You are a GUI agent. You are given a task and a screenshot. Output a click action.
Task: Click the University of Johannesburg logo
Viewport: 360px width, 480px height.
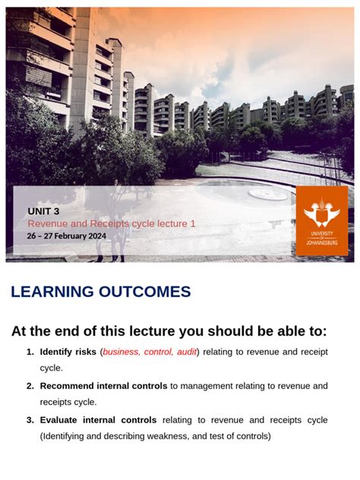click(322, 221)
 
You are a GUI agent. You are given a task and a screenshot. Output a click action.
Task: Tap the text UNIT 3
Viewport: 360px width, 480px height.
click(43, 211)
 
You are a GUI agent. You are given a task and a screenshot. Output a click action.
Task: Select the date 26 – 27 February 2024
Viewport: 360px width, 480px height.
click(66, 235)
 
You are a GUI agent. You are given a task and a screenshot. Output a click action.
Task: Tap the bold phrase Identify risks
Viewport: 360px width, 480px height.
click(68, 352)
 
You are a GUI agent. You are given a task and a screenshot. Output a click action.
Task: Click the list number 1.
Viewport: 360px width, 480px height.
click(30, 352)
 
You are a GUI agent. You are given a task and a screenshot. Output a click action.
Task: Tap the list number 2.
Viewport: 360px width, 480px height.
click(30, 386)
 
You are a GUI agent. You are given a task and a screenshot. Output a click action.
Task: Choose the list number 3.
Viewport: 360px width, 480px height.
click(30, 420)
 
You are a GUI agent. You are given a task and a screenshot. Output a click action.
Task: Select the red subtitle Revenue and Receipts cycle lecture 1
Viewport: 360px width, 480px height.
click(112, 223)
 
